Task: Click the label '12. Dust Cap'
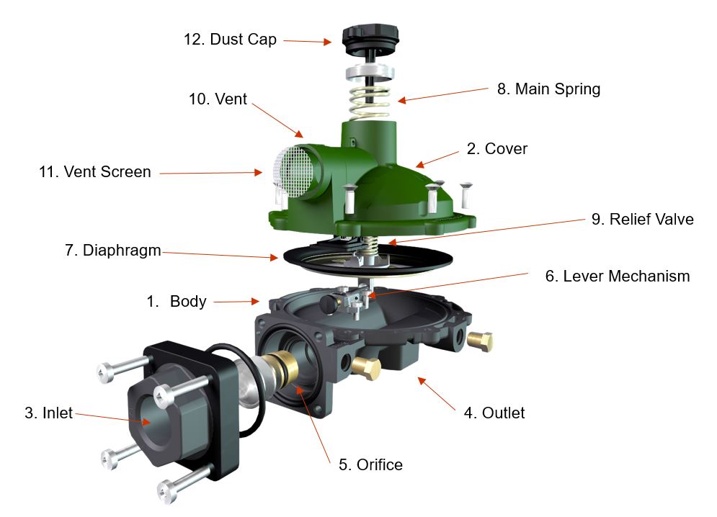(x=230, y=39)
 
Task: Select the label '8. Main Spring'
(x=548, y=89)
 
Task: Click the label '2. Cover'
(x=497, y=149)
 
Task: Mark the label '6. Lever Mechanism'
(x=617, y=276)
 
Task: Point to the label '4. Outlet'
(x=494, y=413)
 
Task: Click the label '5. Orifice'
(x=370, y=464)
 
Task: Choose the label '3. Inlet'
(x=48, y=413)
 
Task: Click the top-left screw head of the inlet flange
(x=104, y=372)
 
